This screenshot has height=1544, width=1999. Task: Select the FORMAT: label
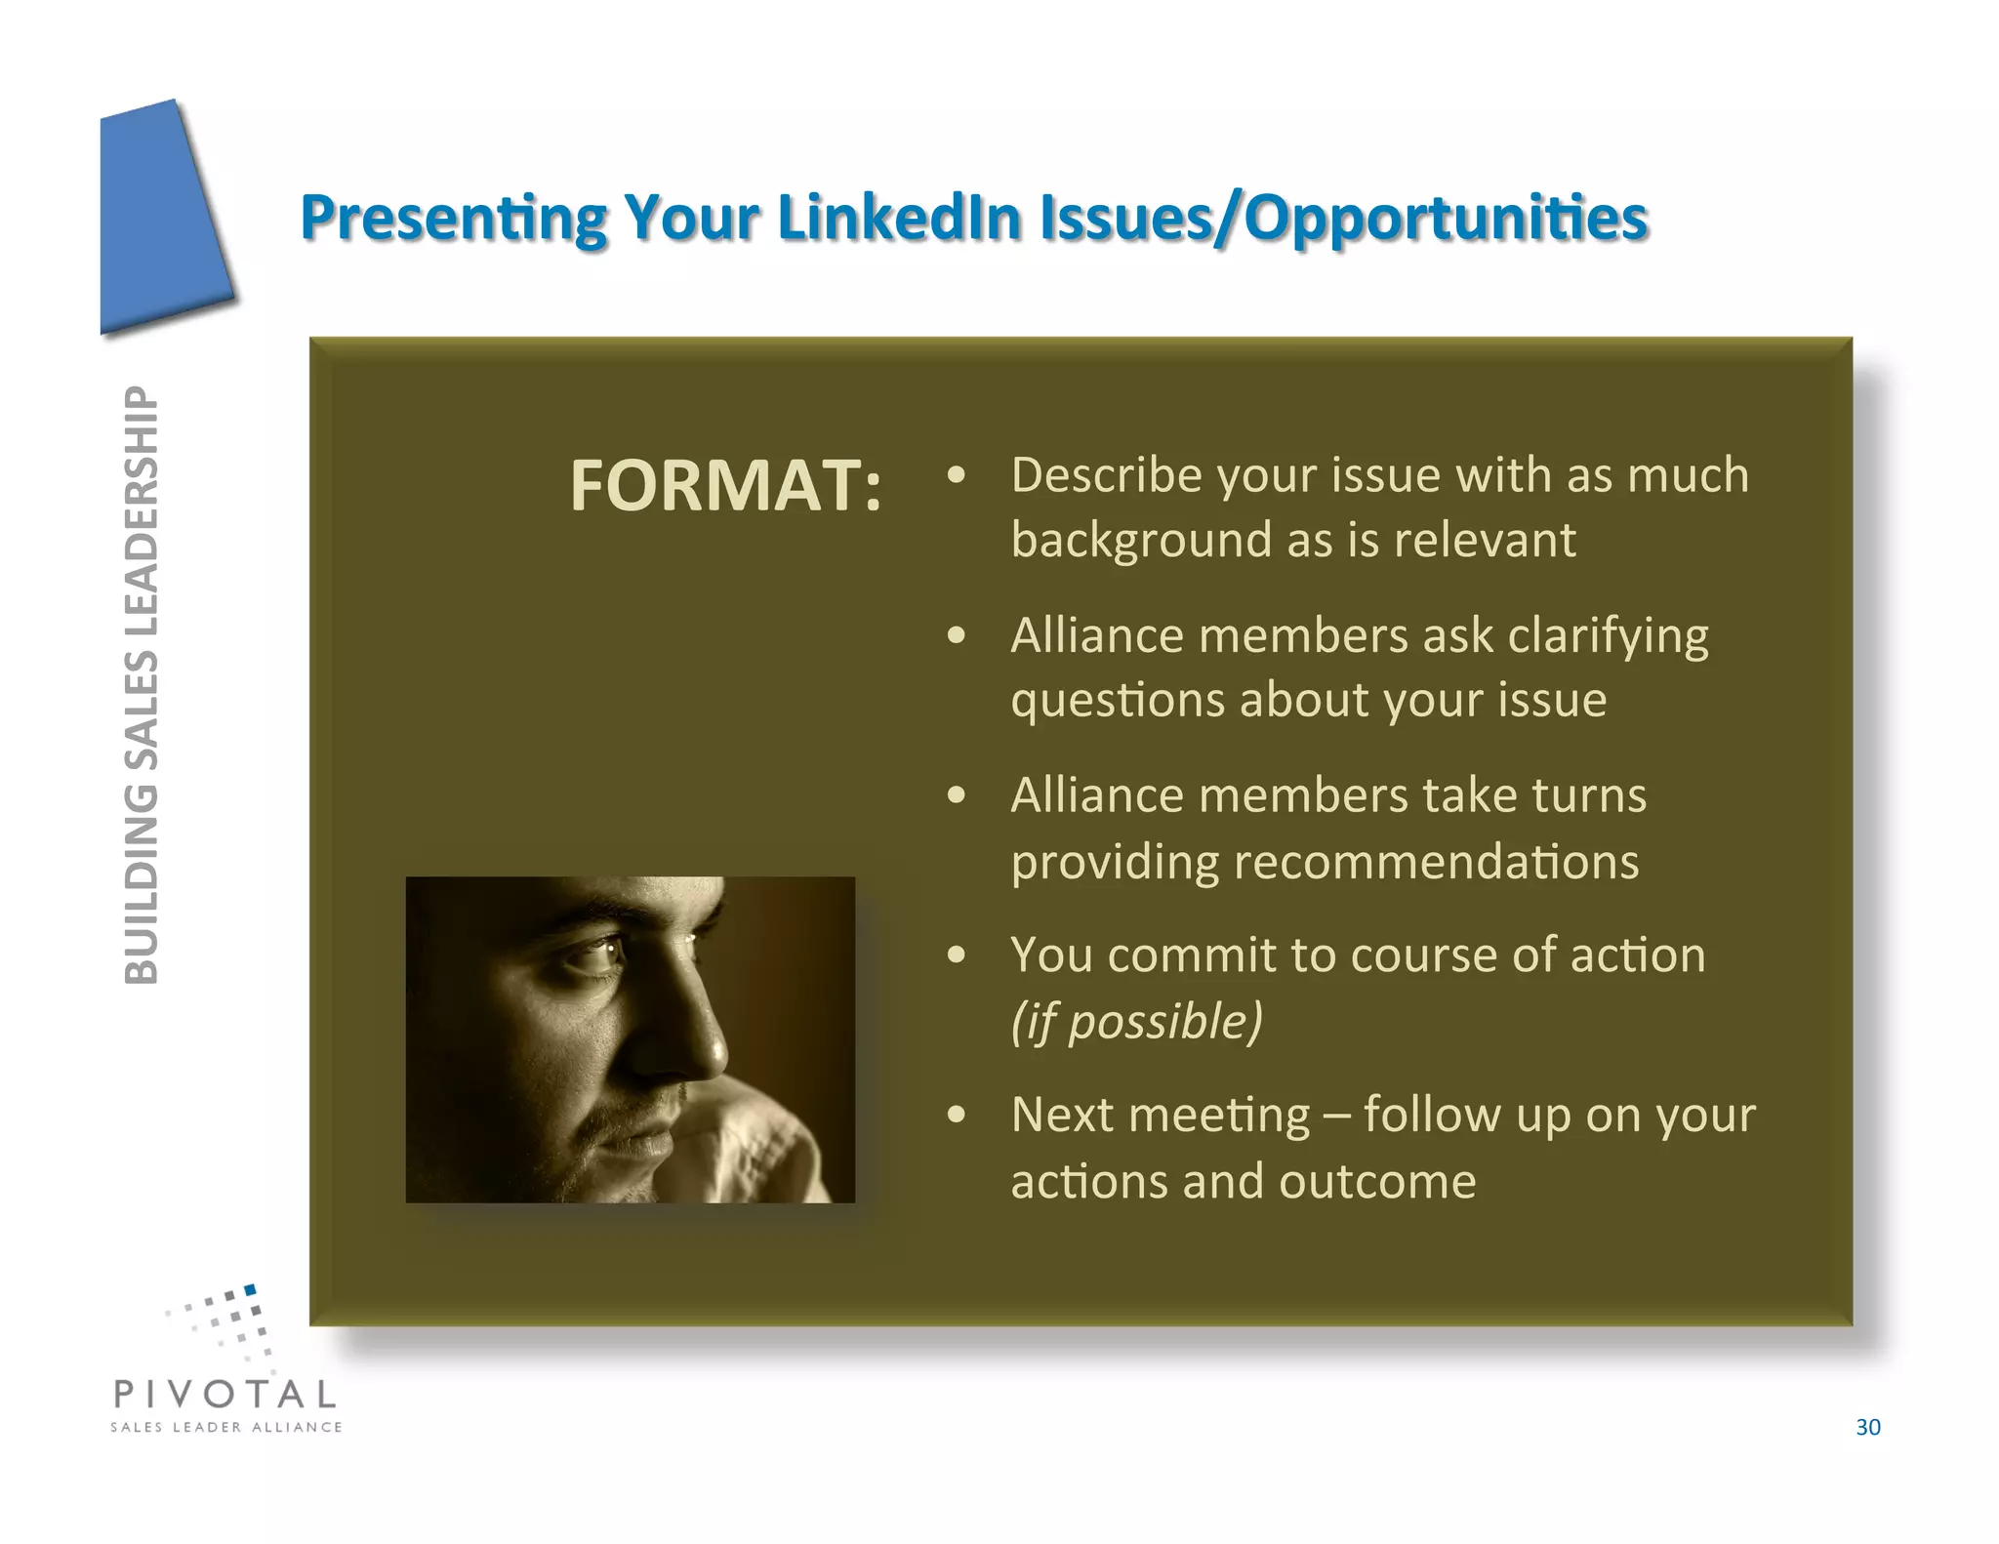click(x=725, y=486)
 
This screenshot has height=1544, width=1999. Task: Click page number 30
click(x=1867, y=1427)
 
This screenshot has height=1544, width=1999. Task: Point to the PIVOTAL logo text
click(x=225, y=1394)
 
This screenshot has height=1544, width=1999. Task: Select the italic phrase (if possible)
click(x=1136, y=1021)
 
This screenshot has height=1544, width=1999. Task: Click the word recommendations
click(x=1436, y=862)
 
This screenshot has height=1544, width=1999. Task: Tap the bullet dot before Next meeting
click(x=957, y=1115)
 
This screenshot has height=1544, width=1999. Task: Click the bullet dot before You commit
click(x=957, y=955)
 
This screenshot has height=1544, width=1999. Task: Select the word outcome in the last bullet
click(x=1377, y=1182)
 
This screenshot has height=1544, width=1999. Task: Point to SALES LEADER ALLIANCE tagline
click(x=225, y=1427)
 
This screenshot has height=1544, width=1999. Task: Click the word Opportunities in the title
click(x=1446, y=219)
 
